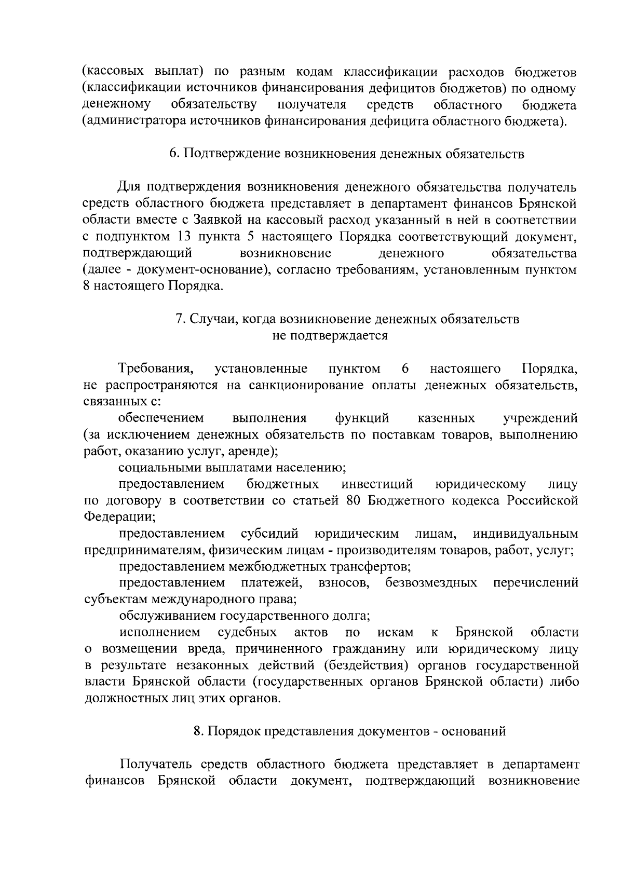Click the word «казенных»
tap(446, 418)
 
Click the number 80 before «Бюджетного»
tap(347, 501)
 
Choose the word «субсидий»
tap(270, 534)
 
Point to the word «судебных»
tap(247, 632)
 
